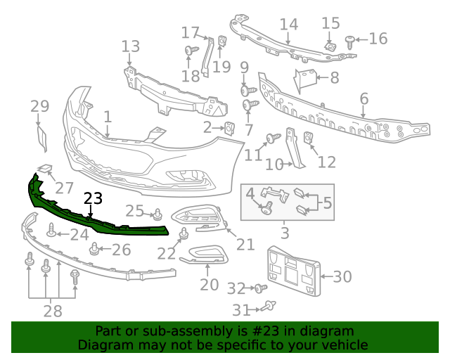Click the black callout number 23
coord(93,198)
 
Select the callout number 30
coord(342,276)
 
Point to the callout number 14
coord(289,25)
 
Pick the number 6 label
coord(364,98)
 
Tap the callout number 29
coord(40,106)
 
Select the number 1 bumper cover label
coord(108,116)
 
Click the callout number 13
coord(131,47)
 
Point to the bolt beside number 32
coord(259,288)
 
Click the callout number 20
coord(210,285)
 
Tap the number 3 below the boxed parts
coord(285,232)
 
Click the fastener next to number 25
coord(158,214)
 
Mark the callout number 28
coord(53,310)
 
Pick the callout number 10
coord(274,165)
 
